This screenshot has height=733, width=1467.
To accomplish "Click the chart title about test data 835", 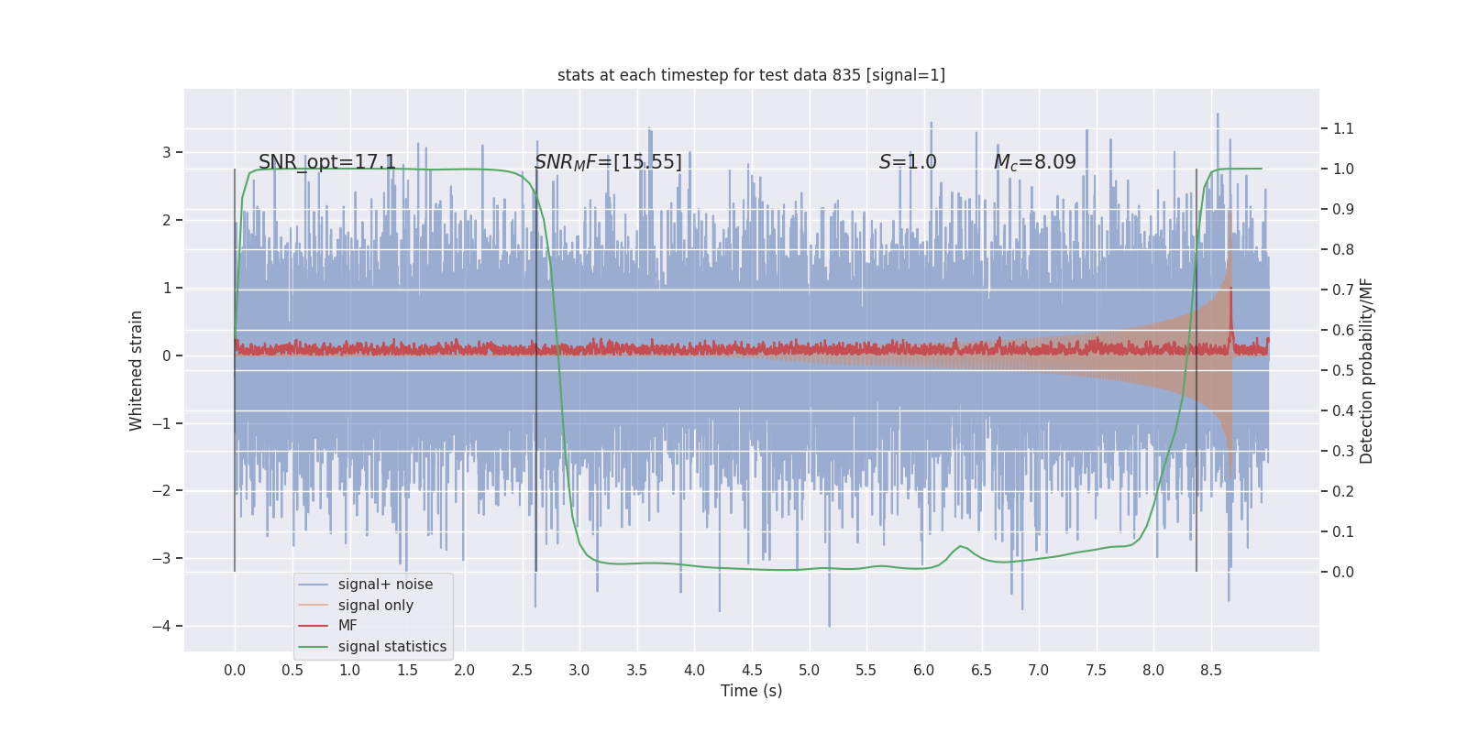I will point(751,75).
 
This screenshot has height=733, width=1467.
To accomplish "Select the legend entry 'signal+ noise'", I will point(385,585).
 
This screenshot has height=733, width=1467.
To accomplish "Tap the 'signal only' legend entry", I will point(375,606).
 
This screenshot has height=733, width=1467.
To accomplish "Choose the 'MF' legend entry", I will point(347,626).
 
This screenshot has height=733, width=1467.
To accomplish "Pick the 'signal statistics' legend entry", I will point(392,647).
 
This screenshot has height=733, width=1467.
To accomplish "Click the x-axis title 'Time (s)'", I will point(751,691).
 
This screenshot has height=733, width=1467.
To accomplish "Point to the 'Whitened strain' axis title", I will point(137,370).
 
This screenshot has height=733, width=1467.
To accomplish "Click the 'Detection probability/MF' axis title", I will point(1366,370).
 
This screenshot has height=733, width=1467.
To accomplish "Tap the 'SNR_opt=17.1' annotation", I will point(327,162).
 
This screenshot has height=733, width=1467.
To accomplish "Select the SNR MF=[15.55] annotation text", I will point(608,162).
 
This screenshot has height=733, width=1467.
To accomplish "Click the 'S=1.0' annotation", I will point(908,162).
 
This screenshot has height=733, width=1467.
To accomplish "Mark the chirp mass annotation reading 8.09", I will point(1034,162).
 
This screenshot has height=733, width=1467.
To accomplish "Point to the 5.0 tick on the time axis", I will point(809,670).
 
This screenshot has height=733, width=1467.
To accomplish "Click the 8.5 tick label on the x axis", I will point(1210,670).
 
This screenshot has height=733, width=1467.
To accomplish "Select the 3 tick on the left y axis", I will point(167,152).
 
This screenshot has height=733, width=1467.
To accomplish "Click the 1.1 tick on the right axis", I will point(1343,128).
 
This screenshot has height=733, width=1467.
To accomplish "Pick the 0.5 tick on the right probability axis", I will point(1343,370).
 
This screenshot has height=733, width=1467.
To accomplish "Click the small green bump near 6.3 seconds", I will point(960,547).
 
